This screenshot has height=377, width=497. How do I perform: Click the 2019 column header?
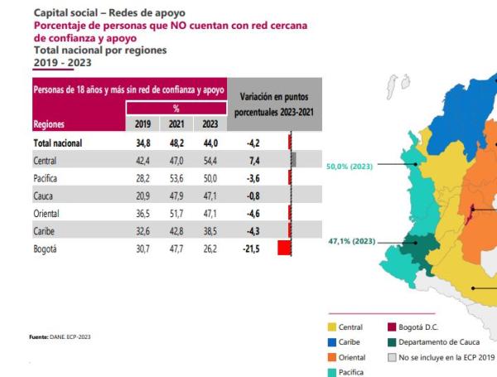[x=142, y=124]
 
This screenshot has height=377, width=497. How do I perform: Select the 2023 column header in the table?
[x=207, y=124]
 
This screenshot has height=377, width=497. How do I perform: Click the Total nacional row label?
[x=62, y=143]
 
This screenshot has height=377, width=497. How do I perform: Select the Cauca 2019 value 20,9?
[x=142, y=195]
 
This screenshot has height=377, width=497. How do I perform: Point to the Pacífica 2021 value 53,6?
[x=175, y=177]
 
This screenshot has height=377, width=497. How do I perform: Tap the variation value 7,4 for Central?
[x=253, y=160]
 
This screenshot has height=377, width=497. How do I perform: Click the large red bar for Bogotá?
[x=284, y=247]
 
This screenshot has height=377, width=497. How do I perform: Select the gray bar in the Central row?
[x=293, y=160]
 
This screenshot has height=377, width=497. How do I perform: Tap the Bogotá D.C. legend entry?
[x=422, y=327]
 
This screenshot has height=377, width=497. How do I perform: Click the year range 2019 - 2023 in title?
[x=62, y=62]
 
